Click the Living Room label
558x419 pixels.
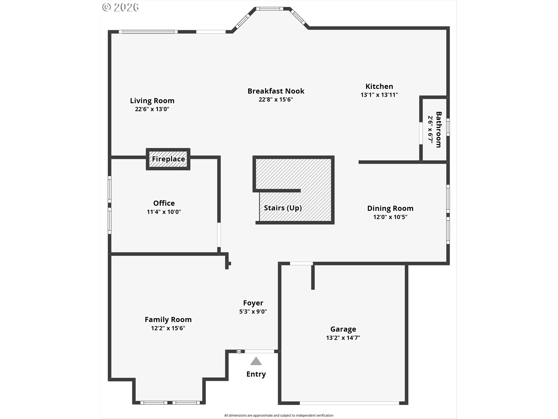(152, 101)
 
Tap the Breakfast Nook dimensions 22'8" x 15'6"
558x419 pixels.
(276, 100)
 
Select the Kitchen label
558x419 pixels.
(379, 86)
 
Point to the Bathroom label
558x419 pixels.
(439, 129)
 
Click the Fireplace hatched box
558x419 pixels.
(168, 159)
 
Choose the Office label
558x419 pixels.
(164, 203)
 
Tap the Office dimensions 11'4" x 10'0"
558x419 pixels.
(164, 212)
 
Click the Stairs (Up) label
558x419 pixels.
(283, 208)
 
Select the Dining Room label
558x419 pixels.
(390, 208)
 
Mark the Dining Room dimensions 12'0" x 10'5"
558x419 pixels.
(390, 217)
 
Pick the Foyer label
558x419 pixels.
(253, 303)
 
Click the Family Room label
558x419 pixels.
(168, 319)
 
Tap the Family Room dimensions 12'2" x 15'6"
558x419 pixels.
(168, 328)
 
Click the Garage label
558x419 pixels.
(343, 329)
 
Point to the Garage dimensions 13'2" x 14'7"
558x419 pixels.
(343, 338)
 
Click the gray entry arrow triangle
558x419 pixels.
(256, 361)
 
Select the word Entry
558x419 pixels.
(256, 374)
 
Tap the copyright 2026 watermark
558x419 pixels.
(121, 7)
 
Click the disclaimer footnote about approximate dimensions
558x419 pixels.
(279, 416)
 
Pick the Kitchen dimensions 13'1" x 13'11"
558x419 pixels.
(379, 95)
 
